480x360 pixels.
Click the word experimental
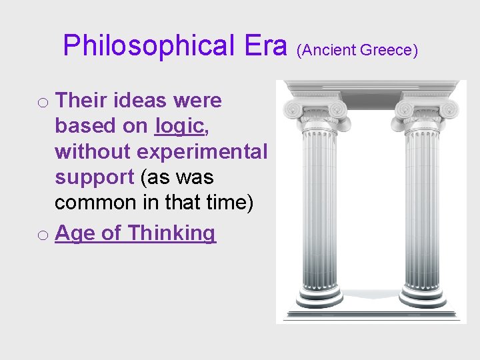pos(202,151)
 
